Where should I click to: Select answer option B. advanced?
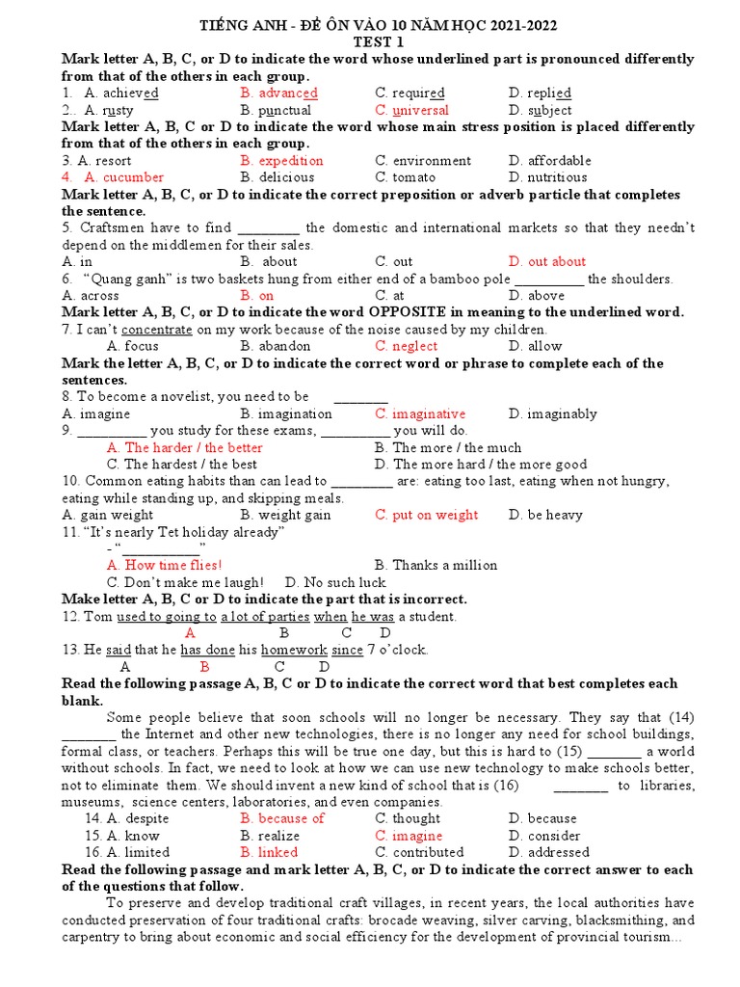point(279,93)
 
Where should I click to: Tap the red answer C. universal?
point(411,111)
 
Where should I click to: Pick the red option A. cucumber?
point(113,177)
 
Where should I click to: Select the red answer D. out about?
point(546,262)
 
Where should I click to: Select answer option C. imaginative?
point(420,413)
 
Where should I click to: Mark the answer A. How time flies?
point(164,566)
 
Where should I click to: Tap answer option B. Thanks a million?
point(436,566)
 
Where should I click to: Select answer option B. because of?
point(282,819)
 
